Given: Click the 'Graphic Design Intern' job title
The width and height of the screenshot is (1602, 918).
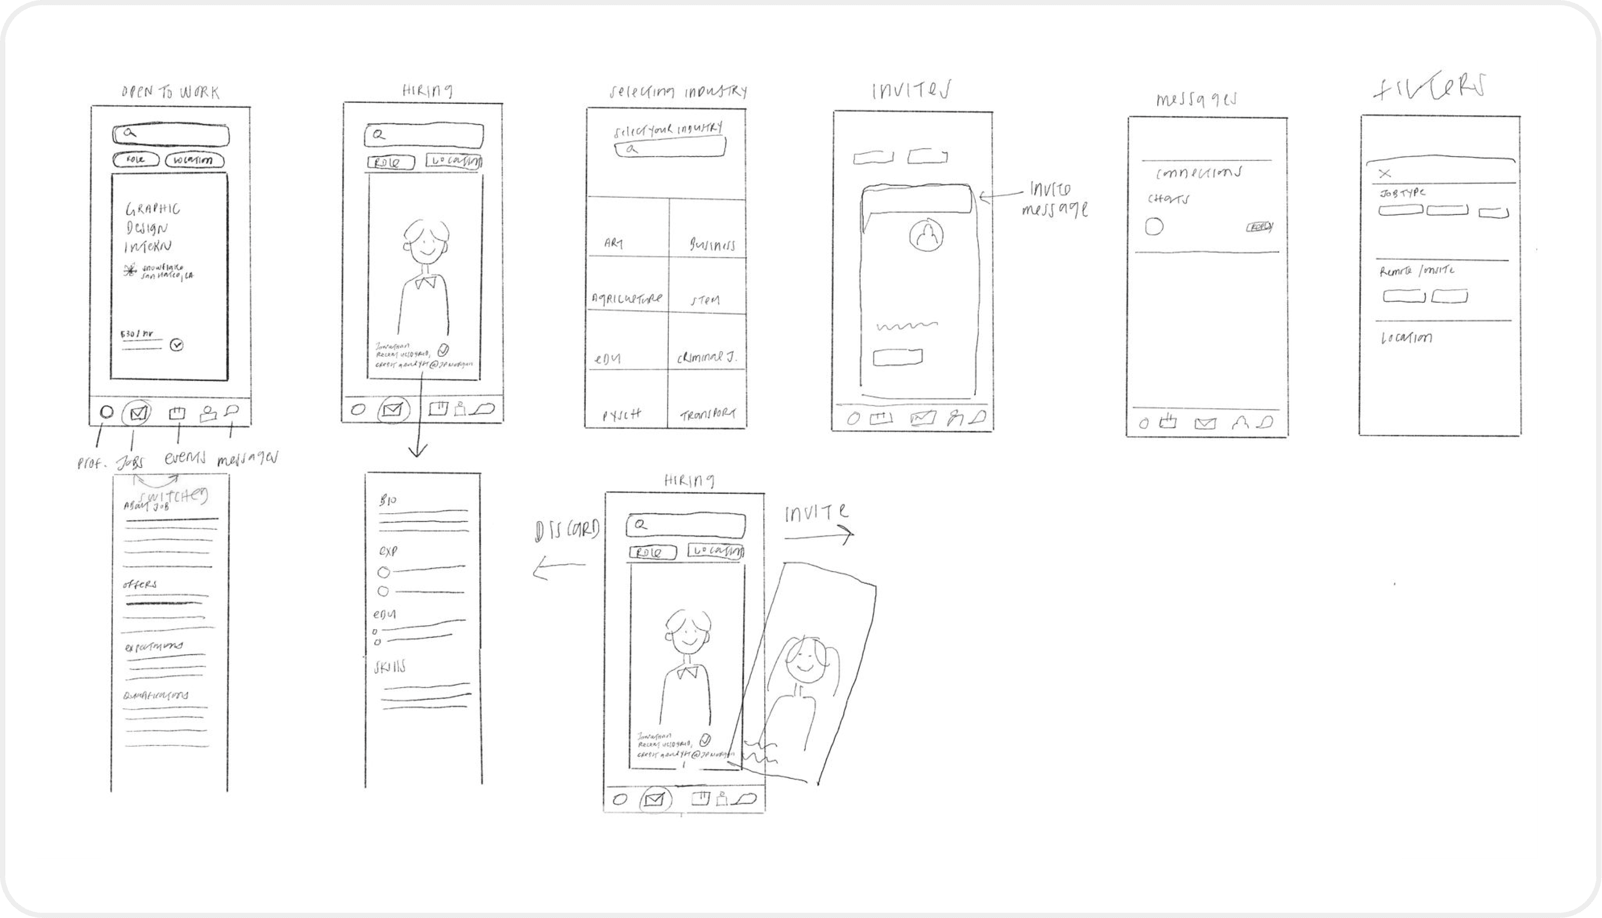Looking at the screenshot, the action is [x=152, y=227].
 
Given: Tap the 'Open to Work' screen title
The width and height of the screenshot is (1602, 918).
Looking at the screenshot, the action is [x=171, y=93].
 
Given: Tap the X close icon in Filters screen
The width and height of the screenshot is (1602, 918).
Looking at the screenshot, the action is [x=1385, y=173].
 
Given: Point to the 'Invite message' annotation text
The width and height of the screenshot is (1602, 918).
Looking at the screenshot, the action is [x=1054, y=199].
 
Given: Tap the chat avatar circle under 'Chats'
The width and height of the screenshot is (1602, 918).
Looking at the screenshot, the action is [x=1154, y=226].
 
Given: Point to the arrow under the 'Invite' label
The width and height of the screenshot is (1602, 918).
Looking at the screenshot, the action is [x=819, y=536].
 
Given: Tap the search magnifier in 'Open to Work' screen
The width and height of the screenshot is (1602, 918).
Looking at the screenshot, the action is [x=129, y=132].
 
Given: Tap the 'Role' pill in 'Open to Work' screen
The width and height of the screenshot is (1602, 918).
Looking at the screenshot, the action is [x=135, y=160].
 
